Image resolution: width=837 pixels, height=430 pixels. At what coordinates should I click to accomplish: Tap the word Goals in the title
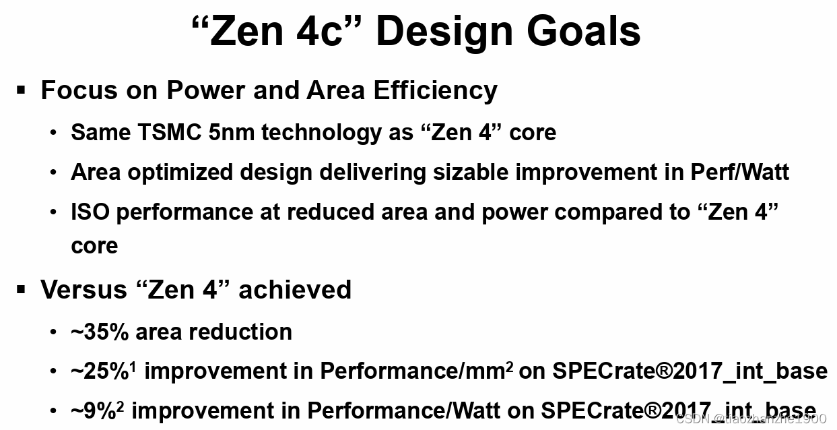[585, 31]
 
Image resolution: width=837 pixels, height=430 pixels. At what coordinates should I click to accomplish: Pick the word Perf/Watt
[739, 173]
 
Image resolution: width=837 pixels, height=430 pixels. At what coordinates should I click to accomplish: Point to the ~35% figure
[100, 332]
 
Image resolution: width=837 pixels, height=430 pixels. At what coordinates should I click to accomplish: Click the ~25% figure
[100, 371]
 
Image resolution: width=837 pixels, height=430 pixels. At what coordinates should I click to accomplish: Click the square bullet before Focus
[22, 90]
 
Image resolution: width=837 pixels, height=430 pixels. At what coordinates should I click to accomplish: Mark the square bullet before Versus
[22, 290]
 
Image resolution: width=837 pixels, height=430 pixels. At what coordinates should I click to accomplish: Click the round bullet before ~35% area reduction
[53, 332]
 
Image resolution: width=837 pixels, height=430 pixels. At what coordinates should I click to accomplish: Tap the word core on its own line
[94, 245]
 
